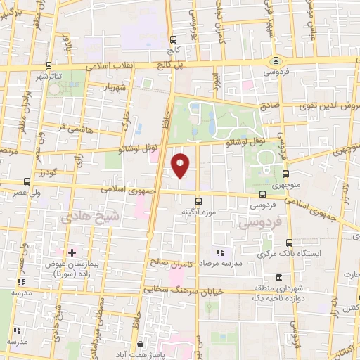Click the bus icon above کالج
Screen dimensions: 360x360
pos(173,39)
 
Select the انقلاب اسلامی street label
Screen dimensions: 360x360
pos(112,65)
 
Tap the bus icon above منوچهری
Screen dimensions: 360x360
pos(285,173)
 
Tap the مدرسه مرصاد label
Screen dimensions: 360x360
pos(220,261)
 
